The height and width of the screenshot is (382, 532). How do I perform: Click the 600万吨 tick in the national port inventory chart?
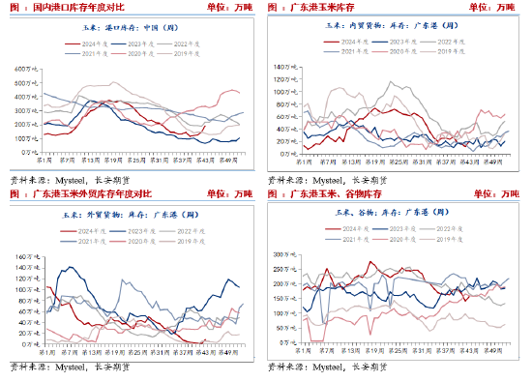[x=25, y=70]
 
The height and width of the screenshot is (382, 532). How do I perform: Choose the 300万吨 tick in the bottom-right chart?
[x=288, y=253]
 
